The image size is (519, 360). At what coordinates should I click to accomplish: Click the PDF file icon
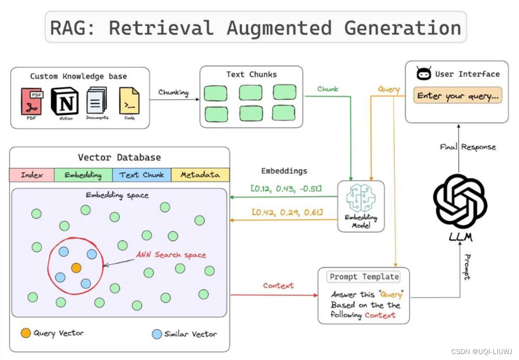[x=32, y=101]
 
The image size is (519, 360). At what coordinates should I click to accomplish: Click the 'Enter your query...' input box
[x=458, y=96]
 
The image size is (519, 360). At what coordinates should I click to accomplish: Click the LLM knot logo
[x=460, y=201]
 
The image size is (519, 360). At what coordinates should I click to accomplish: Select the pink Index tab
[x=31, y=175]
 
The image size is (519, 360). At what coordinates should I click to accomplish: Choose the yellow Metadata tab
[x=200, y=175]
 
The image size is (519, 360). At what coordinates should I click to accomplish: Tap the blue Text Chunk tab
[x=142, y=175]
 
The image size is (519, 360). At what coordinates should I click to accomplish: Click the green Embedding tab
[x=83, y=175]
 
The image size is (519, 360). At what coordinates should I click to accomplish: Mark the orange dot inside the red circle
[x=76, y=268]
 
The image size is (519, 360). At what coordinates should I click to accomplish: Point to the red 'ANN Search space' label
[x=171, y=255]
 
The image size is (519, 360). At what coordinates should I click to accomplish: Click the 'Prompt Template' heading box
[x=364, y=277]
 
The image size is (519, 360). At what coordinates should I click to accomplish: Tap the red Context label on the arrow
[x=278, y=285]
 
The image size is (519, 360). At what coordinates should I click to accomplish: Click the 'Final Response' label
[x=468, y=147]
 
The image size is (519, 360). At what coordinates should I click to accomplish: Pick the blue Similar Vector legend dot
[x=157, y=334]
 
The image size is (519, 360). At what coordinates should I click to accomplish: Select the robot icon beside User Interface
[x=423, y=74]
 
